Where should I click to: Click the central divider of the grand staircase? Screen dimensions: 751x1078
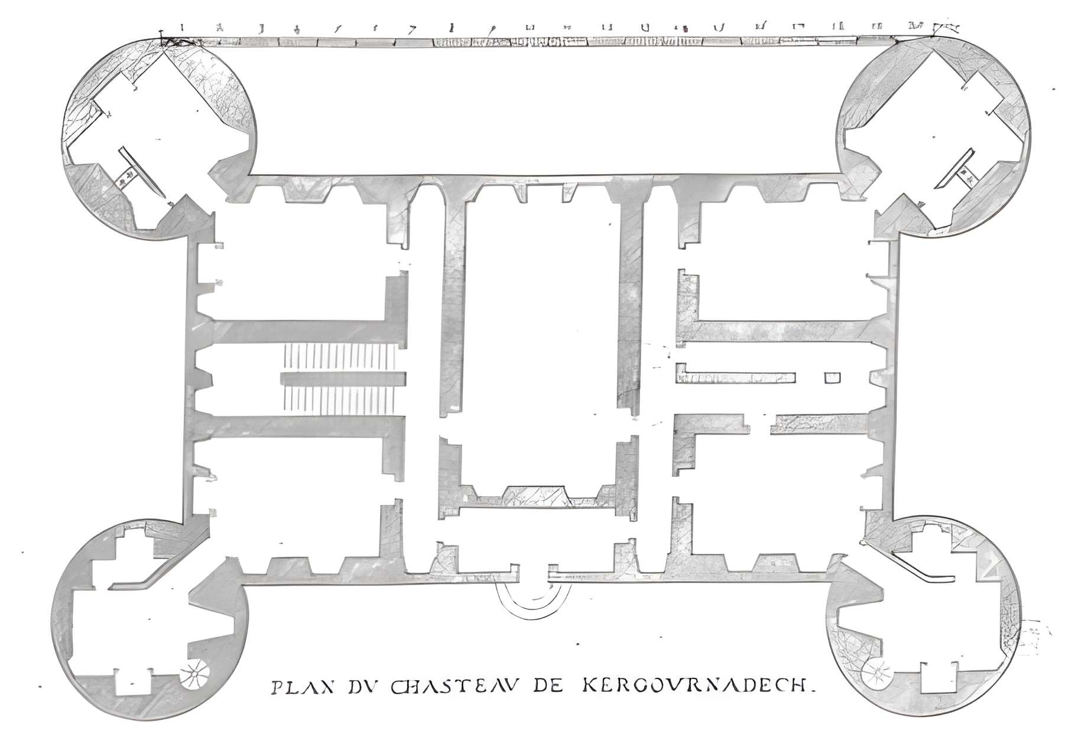(343, 378)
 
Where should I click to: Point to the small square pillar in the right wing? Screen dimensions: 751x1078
(832, 377)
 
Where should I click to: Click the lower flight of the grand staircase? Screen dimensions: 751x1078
(340, 399)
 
